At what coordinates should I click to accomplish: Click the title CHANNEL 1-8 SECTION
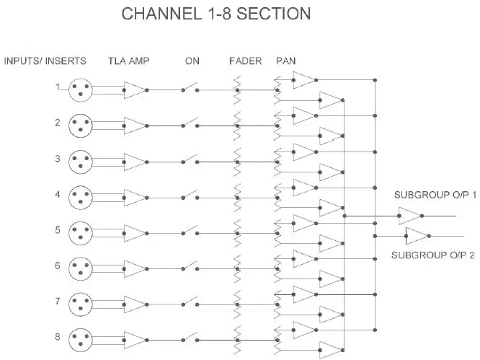coord(216,14)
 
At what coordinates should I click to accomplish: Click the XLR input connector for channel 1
coord(81,90)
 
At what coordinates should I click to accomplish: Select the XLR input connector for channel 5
coord(81,232)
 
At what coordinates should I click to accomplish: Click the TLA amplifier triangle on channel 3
coord(133,161)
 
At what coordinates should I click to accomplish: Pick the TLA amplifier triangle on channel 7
coord(133,302)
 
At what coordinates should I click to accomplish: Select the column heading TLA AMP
coord(128,61)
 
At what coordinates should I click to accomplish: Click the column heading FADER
coord(240,61)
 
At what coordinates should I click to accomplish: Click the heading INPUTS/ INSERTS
coord(45,61)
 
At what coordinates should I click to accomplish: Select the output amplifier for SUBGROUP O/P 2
coord(417,235)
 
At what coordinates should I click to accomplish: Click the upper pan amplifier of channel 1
coord(303,80)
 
